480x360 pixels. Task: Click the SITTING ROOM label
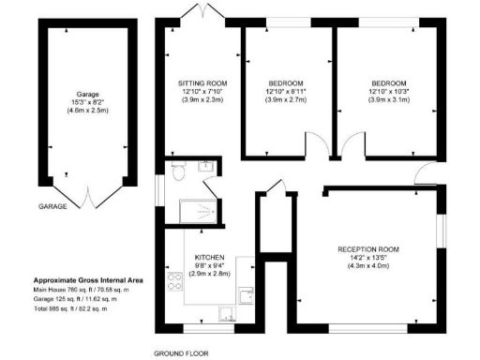click(x=202, y=82)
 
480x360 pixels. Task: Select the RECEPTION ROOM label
click(x=368, y=249)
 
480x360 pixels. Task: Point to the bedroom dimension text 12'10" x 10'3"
click(x=388, y=91)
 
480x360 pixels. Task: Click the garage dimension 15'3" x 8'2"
click(x=87, y=102)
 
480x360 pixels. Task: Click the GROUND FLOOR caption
click(x=182, y=353)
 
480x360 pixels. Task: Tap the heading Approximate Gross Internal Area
click(x=88, y=280)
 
